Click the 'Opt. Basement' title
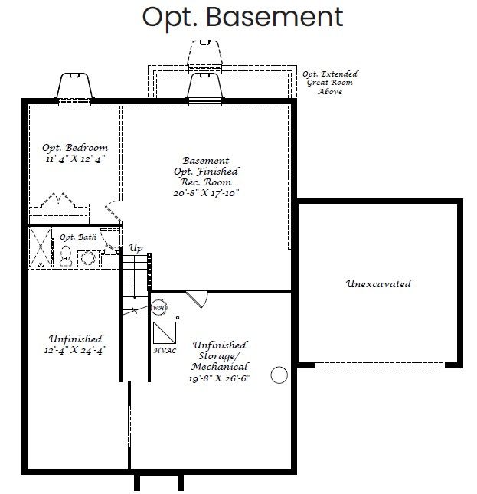coord(243,18)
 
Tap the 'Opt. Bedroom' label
coord(75,148)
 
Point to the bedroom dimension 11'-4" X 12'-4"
coord(75,159)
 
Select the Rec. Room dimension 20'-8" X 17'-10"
coord(206,193)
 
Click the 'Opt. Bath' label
coord(78,237)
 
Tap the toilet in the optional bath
coord(66,256)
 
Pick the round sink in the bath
coord(88,258)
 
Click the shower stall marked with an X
coord(41,247)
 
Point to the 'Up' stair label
coord(136,248)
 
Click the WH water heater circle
coord(158,308)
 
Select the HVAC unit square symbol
coord(165,332)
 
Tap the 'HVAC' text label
coord(165,351)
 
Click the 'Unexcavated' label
coord(378,284)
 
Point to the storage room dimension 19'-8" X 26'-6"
coord(220,378)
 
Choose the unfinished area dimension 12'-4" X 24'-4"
coord(76,350)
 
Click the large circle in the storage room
coord(279,375)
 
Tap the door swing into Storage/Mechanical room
coord(198,299)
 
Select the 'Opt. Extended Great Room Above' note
coord(330,83)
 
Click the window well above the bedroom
coord(74,86)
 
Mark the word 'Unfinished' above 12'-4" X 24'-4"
coord(76,339)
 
